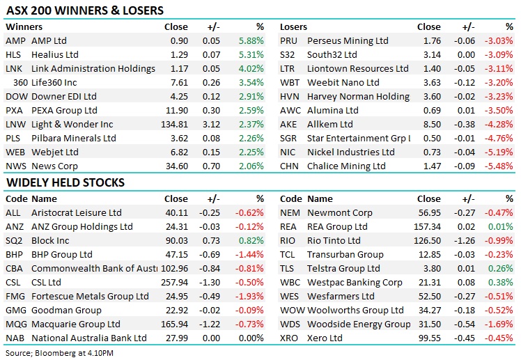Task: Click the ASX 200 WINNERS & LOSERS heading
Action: [85, 10]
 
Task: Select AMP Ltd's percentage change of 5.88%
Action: [251, 41]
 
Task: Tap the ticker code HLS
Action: [13, 55]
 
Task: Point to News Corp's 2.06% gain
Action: [251, 166]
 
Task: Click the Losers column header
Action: [293, 27]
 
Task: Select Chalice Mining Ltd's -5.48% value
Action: [500, 166]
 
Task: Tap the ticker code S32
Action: [288, 55]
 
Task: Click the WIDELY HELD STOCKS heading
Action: [65, 183]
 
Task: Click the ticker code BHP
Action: [15, 255]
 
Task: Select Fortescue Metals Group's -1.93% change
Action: [251, 297]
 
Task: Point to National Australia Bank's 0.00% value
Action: [252, 338]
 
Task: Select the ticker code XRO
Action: [289, 338]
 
